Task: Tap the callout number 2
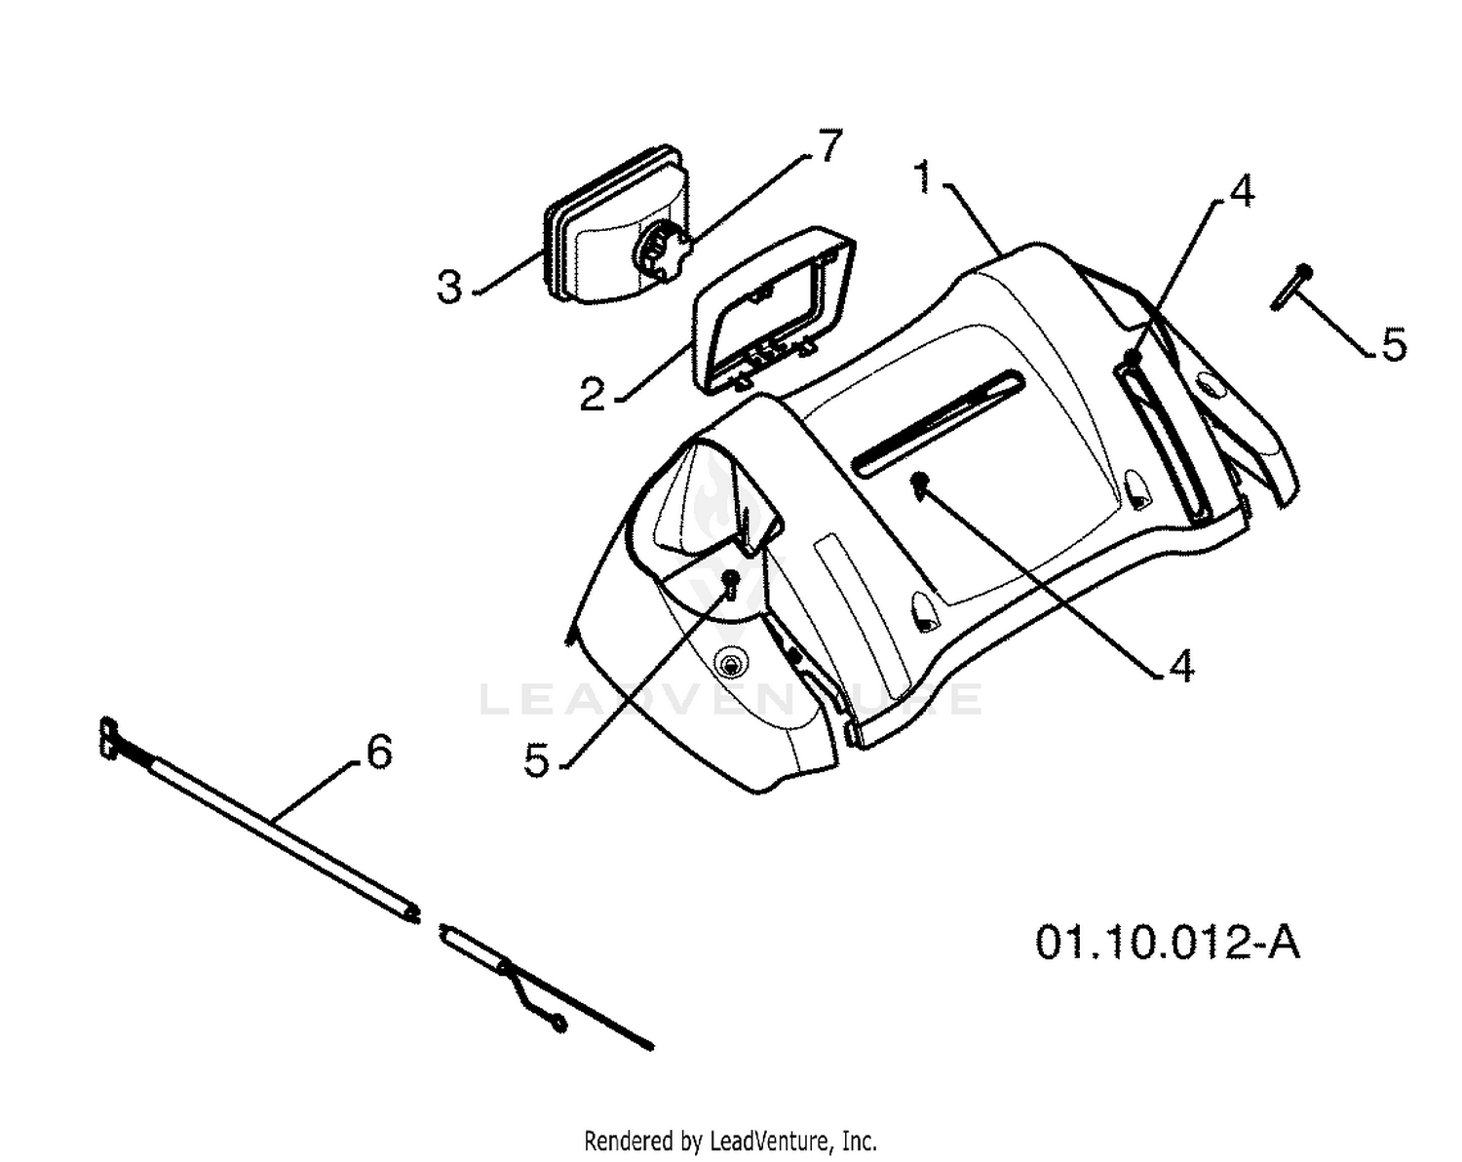[x=592, y=394]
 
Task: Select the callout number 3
[x=449, y=286]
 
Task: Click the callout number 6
[x=379, y=752]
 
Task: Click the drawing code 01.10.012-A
[x=1167, y=944]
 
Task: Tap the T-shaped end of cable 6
[x=108, y=738]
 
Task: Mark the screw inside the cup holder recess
[x=730, y=583]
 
